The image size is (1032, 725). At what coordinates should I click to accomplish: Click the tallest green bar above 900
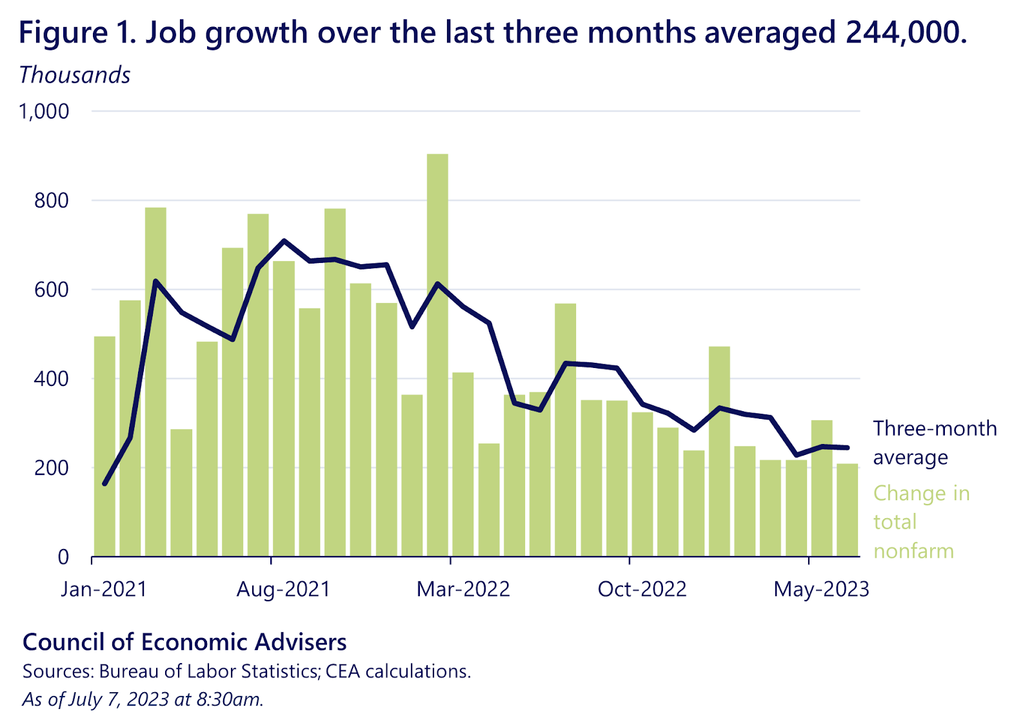pyautogui.click(x=437, y=354)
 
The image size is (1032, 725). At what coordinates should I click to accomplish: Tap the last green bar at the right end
pyautogui.click(x=847, y=510)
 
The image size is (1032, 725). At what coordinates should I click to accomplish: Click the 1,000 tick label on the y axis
pyautogui.click(x=44, y=111)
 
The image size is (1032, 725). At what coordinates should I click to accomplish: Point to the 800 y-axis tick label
pyautogui.click(x=52, y=200)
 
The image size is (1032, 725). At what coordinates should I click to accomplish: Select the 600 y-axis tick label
pyautogui.click(x=52, y=289)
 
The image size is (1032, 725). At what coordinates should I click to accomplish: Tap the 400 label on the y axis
pyautogui.click(x=52, y=378)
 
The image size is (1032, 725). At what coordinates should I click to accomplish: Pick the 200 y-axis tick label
pyautogui.click(x=52, y=468)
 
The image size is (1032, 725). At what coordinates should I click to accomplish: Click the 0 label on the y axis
pyautogui.click(x=63, y=557)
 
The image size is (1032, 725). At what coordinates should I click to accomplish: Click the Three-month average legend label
pyautogui.click(x=935, y=443)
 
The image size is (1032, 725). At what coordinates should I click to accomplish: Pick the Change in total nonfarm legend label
pyautogui.click(x=921, y=522)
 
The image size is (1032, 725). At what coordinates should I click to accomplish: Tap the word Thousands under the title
pyautogui.click(x=75, y=75)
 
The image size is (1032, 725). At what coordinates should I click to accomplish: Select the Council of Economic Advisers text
pyautogui.click(x=184, y=642)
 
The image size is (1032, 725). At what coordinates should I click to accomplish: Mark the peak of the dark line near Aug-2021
pyautogui.click(x=284, y=240)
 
